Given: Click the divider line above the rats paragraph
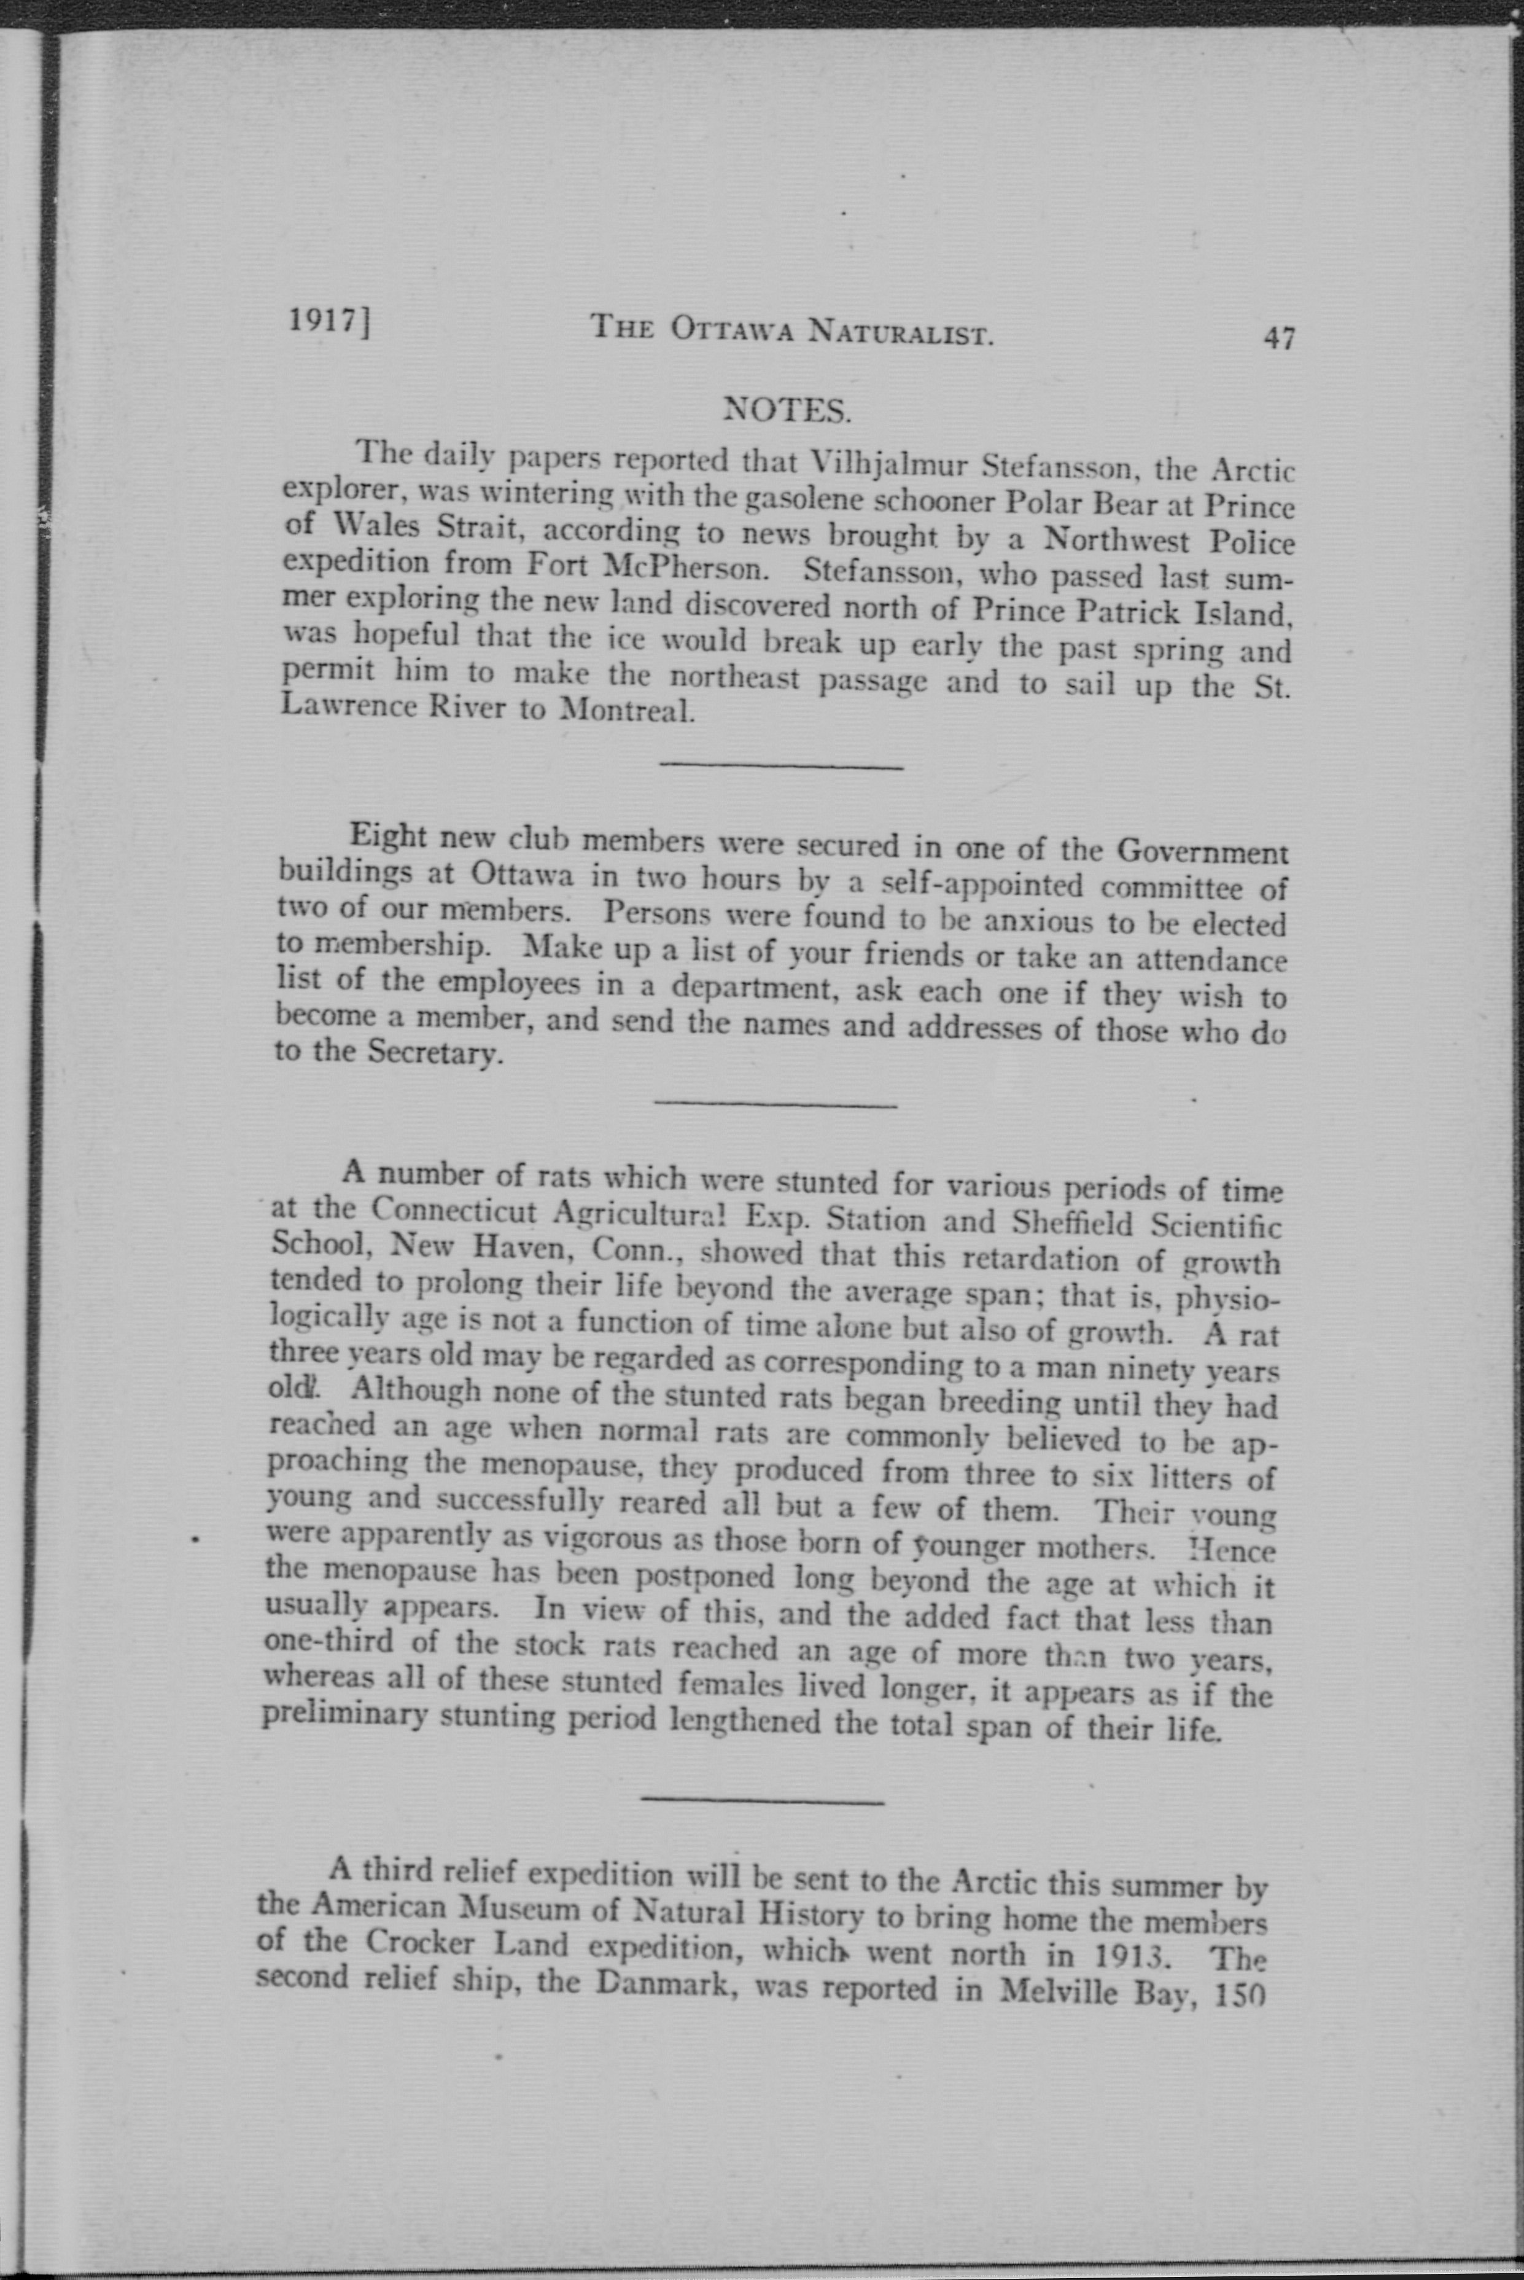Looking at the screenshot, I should click(776, 1104).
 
